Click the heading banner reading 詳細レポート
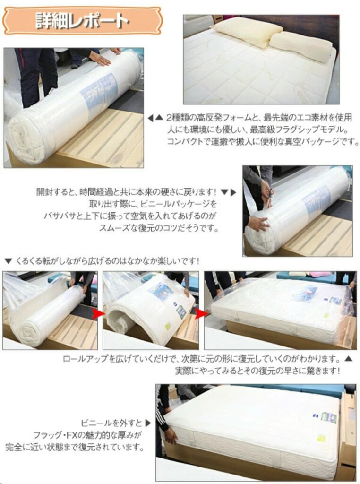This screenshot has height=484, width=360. [82, 21]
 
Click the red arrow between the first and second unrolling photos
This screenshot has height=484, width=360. [99, 313]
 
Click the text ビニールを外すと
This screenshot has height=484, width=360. [111, 423]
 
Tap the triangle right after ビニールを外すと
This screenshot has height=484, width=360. [148, 423]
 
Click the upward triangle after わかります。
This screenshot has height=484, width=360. [348, 359]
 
